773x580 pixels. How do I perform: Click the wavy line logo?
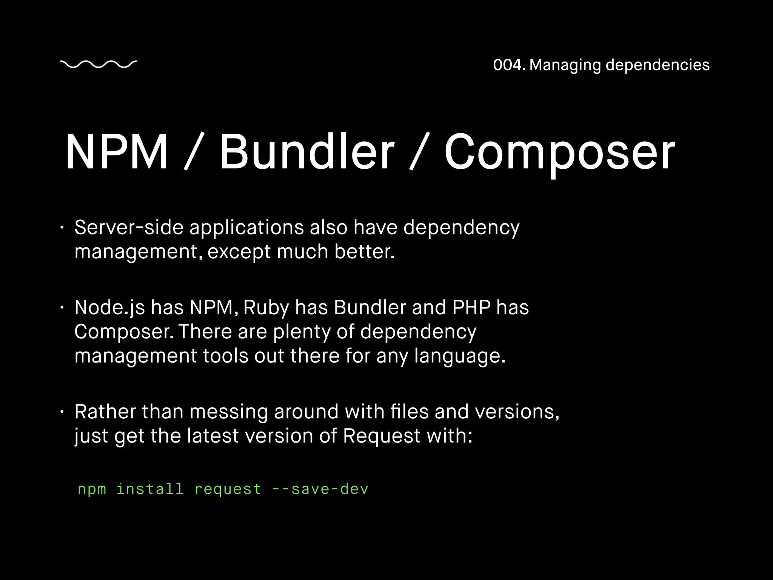98,65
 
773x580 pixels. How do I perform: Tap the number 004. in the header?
509,65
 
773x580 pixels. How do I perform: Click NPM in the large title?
117,152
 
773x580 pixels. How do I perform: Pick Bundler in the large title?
307,152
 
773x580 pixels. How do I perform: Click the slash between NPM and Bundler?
194,152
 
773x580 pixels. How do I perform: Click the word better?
364,251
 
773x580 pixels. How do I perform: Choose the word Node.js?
109,308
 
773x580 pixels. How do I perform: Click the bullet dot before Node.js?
62,308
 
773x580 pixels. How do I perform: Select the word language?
459,356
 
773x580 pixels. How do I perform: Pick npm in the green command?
92,490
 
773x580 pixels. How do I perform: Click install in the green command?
150,489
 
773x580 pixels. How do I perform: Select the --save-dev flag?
320,489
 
